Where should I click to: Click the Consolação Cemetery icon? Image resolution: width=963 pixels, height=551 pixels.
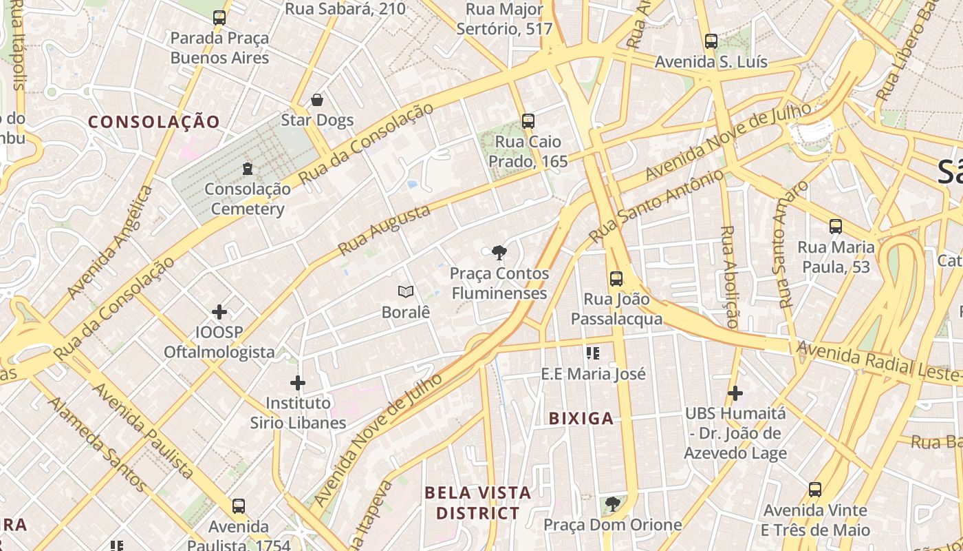(248, 168)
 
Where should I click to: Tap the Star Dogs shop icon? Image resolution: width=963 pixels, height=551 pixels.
(317, 101)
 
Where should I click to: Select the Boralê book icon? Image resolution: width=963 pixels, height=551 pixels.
(406, 292)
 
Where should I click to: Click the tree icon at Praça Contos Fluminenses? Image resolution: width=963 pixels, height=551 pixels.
(499, 253)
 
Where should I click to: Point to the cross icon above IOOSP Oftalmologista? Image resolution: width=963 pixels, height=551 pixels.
(219, 312)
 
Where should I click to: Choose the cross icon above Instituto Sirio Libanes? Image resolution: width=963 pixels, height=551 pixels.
(298, 383)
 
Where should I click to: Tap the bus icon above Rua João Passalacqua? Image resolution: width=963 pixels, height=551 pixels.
(616, 279)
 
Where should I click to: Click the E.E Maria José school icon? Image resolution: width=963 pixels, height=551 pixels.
(593, 353)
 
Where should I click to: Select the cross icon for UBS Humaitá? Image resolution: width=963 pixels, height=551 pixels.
(735, 393)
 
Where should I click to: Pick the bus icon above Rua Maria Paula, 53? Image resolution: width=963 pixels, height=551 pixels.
(836, 226)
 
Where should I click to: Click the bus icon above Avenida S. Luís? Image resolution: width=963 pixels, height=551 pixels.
(711, 41)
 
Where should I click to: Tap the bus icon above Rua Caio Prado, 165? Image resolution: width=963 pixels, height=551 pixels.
(528, 121)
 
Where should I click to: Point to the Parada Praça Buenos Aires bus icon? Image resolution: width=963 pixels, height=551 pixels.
(219, 18)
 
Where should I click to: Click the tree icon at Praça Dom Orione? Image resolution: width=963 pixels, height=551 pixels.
(612, 504)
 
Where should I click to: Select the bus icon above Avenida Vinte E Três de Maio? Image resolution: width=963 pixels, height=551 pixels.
(815, 490)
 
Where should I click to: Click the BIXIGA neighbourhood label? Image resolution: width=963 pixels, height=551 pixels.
(581, 418)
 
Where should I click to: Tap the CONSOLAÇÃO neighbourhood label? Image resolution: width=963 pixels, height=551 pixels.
(154, 122)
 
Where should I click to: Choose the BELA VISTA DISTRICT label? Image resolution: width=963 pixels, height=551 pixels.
(478, 503)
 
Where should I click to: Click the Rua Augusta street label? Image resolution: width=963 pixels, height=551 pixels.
(385, 229)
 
